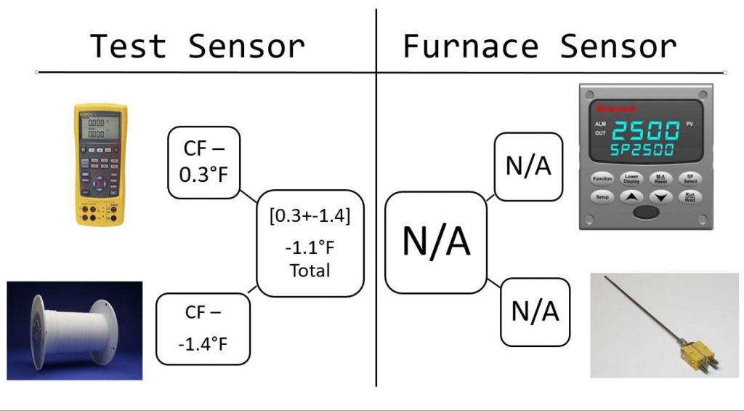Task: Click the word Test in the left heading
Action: [129, 47]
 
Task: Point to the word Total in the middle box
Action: [310, 271]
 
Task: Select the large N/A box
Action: [436, 242]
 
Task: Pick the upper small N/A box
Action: [528, 167]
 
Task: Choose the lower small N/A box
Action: [535, 311]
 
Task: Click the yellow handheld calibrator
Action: [100, 162]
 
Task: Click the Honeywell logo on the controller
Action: [610, 109]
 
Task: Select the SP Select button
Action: [688, 178]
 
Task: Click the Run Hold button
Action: [688, 196]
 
